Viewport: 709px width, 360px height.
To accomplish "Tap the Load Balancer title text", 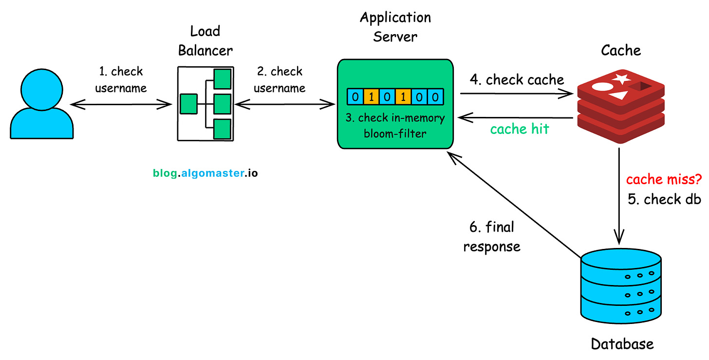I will click(x=205, y=41).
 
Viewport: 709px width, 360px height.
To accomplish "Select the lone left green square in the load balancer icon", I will click(x=188, y=104).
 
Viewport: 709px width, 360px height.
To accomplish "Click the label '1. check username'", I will click(x=121, y=79).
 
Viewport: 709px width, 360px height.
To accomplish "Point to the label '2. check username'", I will click(x=280, y=79).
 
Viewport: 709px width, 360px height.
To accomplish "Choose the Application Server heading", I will click(x=395, y=27).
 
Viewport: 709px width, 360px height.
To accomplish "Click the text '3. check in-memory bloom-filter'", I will click(x=395, y=125).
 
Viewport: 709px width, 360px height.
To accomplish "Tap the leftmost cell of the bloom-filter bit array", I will click(x=355, y=96).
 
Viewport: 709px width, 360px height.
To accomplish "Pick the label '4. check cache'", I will click(x=517, y=79).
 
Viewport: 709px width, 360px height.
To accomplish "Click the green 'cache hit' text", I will click(x=519, y=129).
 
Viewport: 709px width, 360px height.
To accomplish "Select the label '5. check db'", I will click(x=664, y=199).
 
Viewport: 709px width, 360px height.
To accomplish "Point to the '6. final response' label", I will click(x=492, y=236).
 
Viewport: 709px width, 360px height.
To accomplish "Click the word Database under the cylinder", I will click(x=622, y=344).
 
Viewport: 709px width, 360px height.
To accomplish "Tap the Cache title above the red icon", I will click(x=621, y=50).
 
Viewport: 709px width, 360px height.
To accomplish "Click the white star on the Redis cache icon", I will click(x=620, y=78).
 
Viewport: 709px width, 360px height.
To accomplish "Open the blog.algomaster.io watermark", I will click(x=205, y=173).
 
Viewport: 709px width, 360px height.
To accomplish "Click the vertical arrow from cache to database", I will click(x=619, y=195).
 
